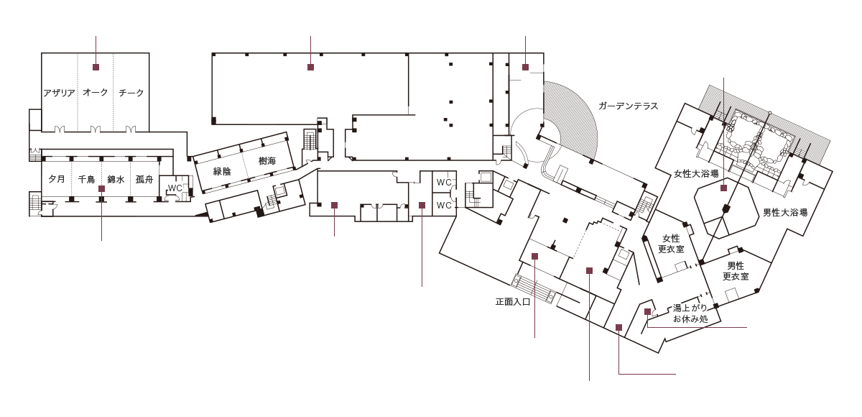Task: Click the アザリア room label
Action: click(x=59, y=93)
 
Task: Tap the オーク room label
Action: click(x=95, y=93)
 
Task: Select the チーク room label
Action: click(x=131, y=93)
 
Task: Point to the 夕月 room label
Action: click(x=57, y=178)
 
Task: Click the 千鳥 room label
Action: click(x=86, y=178)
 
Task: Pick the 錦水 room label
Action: click(x=116, y=178)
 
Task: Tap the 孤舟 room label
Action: click(x=144, y=178)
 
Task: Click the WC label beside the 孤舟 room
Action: click(x=175, y=188)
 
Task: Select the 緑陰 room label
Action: click(x=222, y=171)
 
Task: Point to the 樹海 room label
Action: click(x=267, y=161)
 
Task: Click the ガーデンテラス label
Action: click(x=629, y=106)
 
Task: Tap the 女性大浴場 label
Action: click(x=696, y=173)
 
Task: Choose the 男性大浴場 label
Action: click(x=785, y=213)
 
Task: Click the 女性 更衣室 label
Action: click(x=671, y=244)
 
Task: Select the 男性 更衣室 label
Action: click(x=736, y=271)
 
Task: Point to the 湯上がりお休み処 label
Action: click(x=690, y=313)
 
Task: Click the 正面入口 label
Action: click(x=513, y=302)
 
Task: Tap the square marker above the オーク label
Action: click(x=95, y=67)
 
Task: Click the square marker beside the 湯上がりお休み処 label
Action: click(x=647, y=311)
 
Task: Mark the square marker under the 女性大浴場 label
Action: click(x=723, y=188)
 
